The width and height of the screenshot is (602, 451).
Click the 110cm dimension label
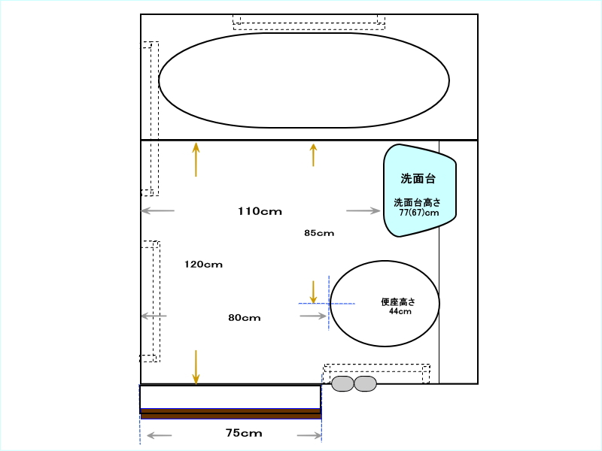(260, 211)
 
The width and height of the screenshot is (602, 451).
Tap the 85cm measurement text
(319, 233)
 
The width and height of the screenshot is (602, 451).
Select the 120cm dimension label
(203, 265)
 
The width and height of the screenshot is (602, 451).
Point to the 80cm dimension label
(245, 317)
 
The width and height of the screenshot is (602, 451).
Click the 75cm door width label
(244, 433)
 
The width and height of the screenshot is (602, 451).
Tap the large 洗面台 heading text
(418, 178)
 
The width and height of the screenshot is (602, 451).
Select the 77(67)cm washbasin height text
(419, 213)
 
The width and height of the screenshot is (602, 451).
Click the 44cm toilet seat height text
(400, 311)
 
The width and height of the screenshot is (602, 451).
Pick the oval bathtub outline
(304, 33)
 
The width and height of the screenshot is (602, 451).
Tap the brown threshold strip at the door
(230, 413)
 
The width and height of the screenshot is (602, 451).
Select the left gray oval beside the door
(342, 383)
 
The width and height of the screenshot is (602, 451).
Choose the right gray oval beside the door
(365, 383)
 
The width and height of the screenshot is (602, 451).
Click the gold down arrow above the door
(196, 367)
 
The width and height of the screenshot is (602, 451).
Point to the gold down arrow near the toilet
(313, 292)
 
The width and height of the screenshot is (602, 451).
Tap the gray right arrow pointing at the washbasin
(363, 210)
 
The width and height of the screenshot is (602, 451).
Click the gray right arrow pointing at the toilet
(313, 316)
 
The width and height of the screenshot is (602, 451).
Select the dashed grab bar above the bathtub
(309, 22)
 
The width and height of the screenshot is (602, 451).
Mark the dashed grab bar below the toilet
(376, 373)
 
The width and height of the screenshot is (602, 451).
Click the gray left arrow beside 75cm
(160, 435)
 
